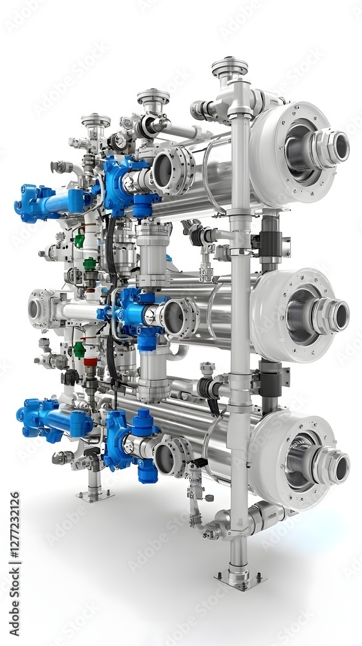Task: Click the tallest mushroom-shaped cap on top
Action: coord(229,67)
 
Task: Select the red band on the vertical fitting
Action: coord(90,362)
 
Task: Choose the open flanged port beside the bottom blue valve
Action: coord(170,456)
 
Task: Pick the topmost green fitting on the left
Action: coord(79,240)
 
